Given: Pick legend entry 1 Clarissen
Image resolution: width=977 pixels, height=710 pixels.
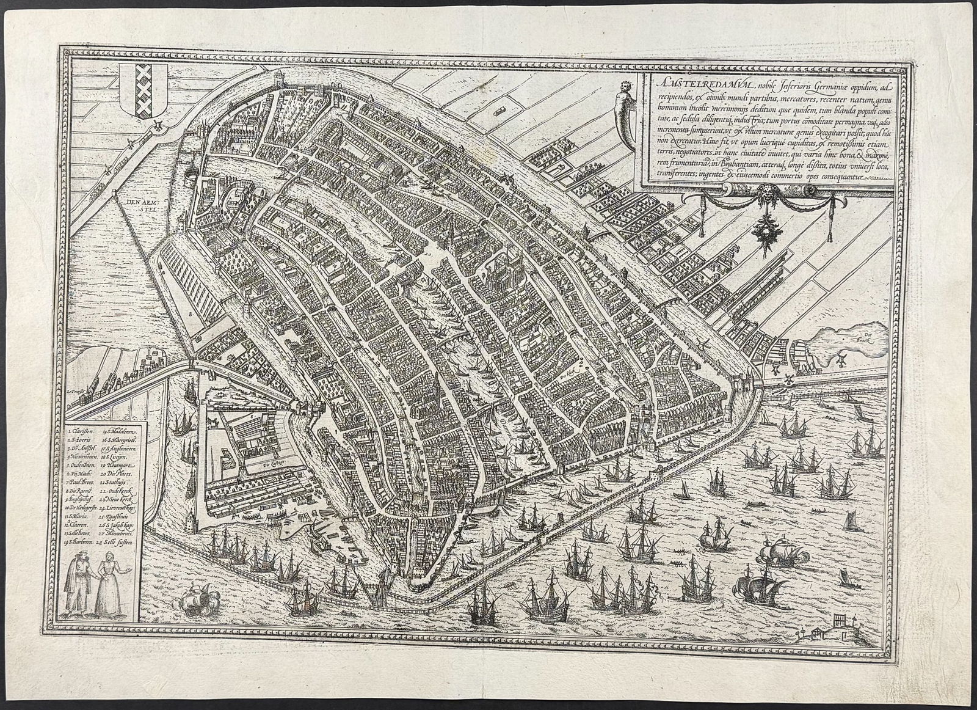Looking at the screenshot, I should pyautogui.click(x=81, y=431).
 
